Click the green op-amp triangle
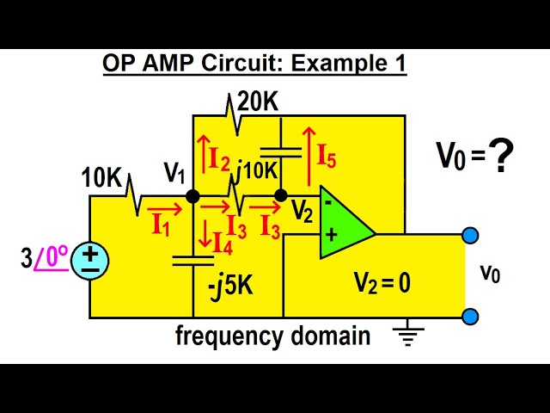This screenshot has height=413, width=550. [x=343, y=221]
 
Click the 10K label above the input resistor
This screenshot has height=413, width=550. [x=101, y=178]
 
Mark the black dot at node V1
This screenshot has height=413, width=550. [x=193, y=196]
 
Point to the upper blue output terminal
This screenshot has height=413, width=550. [x=469, y=235]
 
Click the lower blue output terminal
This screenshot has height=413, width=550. [x=469, y=317]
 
